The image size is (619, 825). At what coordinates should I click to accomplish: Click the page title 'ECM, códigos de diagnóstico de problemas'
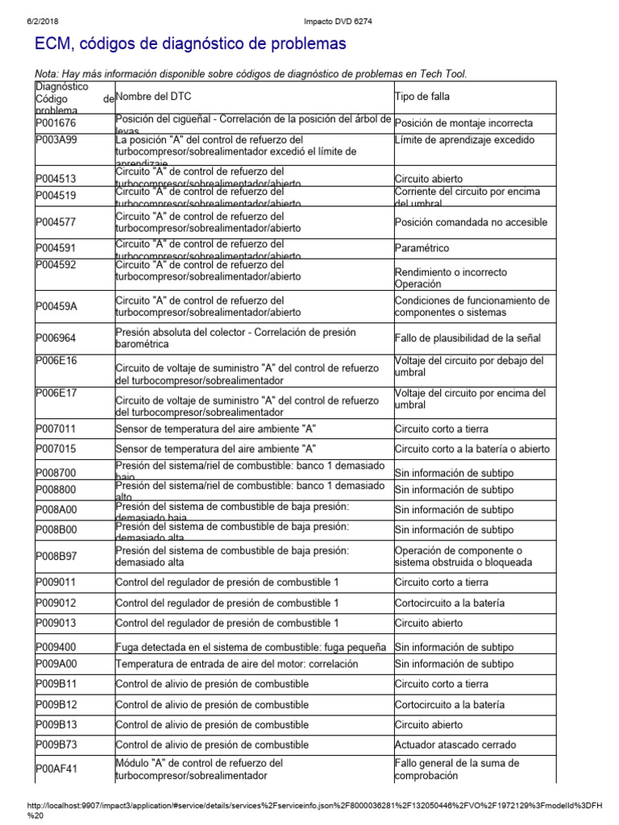coord(190,43)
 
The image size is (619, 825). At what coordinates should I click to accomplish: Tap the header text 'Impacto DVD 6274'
coord(309,6)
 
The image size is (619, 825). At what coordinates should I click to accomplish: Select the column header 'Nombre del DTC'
coord(154,97)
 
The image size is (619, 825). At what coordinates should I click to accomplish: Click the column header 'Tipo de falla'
coord(422,97)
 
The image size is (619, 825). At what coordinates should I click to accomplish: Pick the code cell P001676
coord(56,122)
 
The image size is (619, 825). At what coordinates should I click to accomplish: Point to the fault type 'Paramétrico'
coord(422,248)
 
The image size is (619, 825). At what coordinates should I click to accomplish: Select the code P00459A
coord(57,306)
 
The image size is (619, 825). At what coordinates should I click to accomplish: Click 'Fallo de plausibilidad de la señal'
coord(467,338)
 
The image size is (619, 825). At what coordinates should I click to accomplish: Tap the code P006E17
coord(56,392)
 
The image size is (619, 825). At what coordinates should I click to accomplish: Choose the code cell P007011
coord(56,429)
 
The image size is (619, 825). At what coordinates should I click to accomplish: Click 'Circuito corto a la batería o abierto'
coord(472,449)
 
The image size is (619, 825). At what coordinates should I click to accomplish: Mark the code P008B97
coord(56,556)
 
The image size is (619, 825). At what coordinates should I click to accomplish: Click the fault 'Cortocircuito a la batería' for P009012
coord(450,603)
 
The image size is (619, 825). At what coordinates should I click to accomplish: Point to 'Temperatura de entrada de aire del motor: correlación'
coord(237,664)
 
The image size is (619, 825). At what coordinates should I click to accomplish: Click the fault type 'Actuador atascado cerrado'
coord(455,744)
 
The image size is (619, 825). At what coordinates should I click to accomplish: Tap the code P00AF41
coord(56,769)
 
